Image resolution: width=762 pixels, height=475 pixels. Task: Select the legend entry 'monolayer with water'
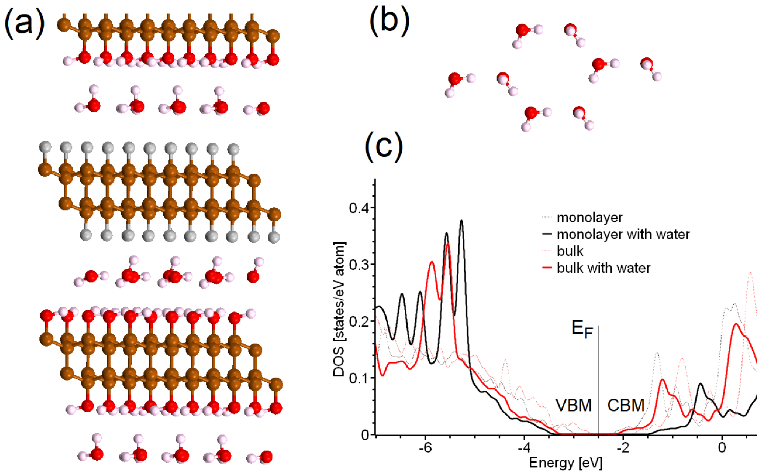pyautogui.click(x=623, y=234)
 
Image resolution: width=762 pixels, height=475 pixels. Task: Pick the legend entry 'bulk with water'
pyautogui.click(x=603, y=268)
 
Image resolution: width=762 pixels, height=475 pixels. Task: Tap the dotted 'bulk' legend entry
pyautogui.click(x=570, y=251)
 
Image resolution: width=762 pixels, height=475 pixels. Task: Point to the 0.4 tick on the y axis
pyautogui.click(x=360, y=208)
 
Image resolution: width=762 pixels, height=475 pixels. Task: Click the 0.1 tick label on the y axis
pyautogui.click(x=360, y=378)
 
